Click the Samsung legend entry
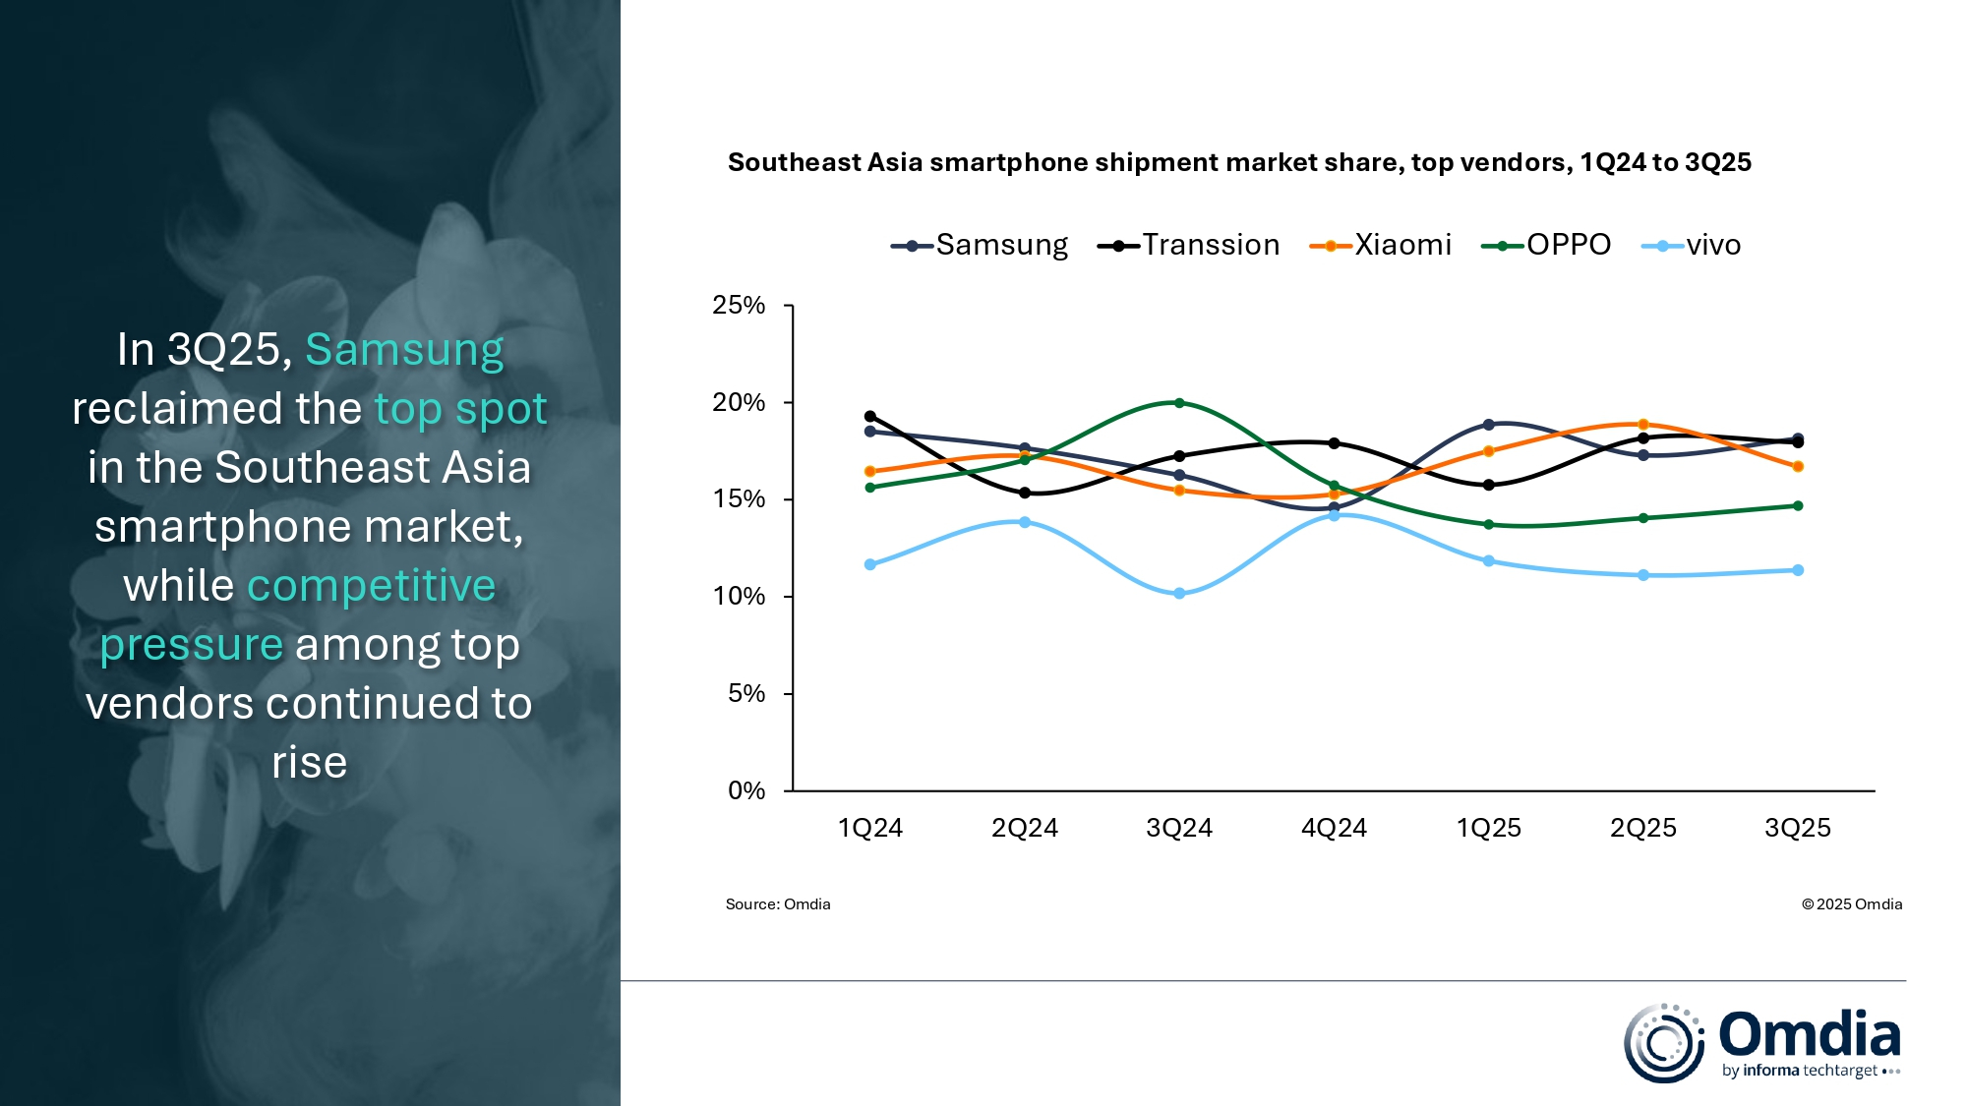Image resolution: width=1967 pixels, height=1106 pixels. (x=980, y=245)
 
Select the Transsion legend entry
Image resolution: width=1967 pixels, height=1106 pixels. (x=1189, y=245)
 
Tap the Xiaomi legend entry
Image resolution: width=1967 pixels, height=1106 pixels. (x=1381, y=245)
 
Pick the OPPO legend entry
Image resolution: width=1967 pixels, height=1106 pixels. (x=1547, y=245)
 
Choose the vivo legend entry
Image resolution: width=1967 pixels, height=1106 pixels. (x=1692, y=245)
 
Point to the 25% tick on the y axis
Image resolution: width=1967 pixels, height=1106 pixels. (x=739, y=306)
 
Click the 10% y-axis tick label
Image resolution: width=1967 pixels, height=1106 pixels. (x=739, y=597)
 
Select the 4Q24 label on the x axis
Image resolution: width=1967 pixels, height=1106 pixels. (x=1334, y=828)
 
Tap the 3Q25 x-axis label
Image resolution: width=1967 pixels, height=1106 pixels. (x=1797, y=828)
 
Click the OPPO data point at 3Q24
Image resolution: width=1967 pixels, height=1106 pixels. (x=1179, y=403)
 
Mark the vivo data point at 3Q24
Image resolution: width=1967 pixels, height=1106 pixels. (x=1179, y=594)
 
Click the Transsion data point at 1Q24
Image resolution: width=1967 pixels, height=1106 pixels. (x=869, y=416)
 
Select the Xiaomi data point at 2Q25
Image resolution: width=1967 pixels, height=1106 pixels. (x=1643, y=425)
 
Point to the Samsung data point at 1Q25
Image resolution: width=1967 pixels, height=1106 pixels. (x=1488, y=425)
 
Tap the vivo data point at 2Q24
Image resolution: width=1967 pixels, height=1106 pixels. (x=1025, y=522)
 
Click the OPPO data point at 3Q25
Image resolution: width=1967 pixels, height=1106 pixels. (x=1798, y=506)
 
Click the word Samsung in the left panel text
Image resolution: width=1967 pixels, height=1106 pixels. (x=404, y=350)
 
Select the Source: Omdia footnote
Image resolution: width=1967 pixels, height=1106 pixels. (x=778, y=904)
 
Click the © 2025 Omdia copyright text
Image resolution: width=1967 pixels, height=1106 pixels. (x=1851, y=904)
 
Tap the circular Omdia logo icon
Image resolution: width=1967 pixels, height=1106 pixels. (x=1663, y=1043)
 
